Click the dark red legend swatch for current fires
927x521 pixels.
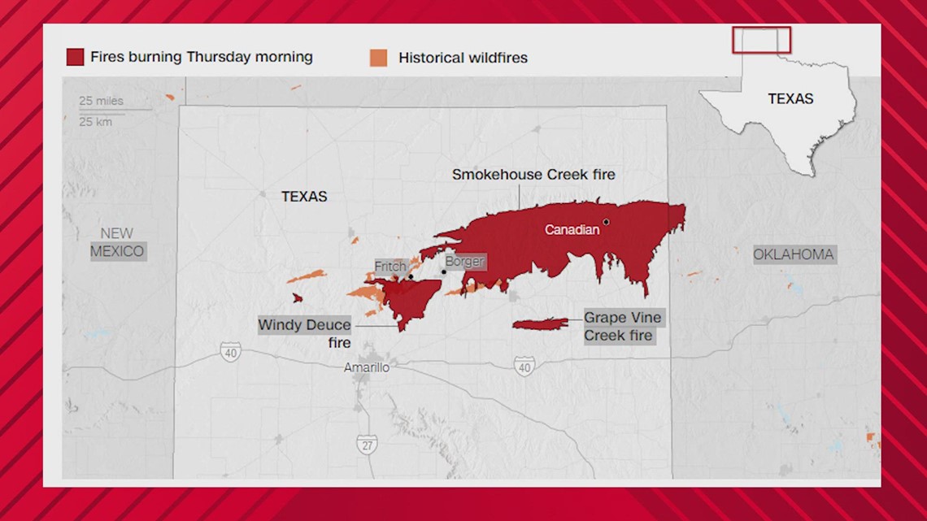point(75,58)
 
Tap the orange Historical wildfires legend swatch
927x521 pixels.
point(378,58)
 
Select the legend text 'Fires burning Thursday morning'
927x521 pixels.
point(201,57)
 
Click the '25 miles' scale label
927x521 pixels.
point(101,101)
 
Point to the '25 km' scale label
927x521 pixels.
point(95,122)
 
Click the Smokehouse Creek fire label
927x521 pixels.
point(533,175)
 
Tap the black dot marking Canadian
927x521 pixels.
point(606,222)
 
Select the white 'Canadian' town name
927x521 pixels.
point(572,230)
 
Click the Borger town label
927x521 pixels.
point(464,262)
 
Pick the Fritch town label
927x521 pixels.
point(390,267)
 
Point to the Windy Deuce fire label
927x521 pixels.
point(304,333)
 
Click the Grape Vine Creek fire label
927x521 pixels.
point(622,326)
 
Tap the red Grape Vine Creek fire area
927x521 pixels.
point(539,324)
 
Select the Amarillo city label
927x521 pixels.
point(366,368)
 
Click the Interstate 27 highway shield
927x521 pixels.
point(366,444)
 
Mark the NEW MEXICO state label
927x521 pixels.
point(117,243)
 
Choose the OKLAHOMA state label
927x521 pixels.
point(793,254)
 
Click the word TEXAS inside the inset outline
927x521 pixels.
point(790,98)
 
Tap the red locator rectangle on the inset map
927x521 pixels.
point(761,40)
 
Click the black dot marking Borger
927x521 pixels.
point(444,271)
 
